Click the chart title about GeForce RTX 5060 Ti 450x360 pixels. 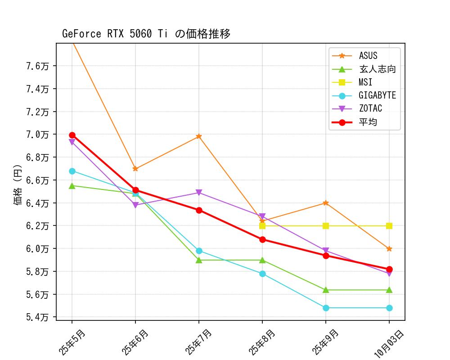pyautogui.click(x=146, y=34)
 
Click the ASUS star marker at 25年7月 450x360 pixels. pyautogui.click(x=199, y=136)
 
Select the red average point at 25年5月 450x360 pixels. pyautogui.click(x=72, y=135)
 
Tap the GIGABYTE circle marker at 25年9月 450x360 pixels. pyautogui.click(x=326, y=308)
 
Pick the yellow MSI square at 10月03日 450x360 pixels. pyautogui.click(x=389, y=226)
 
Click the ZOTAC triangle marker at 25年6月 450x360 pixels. pyautogui.click(x=135, y=205)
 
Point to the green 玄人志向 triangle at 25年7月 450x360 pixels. pyautogui.click(x=199, y=260)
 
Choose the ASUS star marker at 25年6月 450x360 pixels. pyautogui.click(x=135, y=169)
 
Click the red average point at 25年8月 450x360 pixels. pyautogui.click(x=262, y=239)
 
